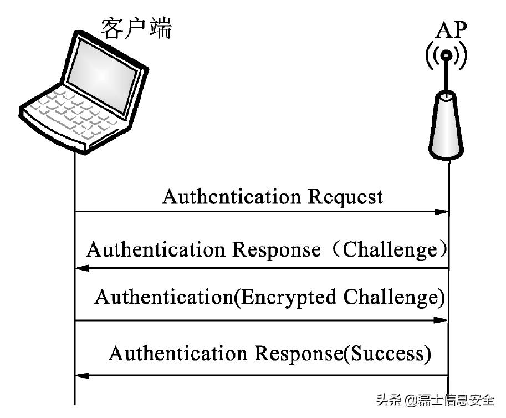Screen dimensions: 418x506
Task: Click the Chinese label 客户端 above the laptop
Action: [136, 27]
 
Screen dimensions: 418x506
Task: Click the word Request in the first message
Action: [345, 197]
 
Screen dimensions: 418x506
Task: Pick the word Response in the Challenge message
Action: [275, 249]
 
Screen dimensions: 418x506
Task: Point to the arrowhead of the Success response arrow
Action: [83, 376]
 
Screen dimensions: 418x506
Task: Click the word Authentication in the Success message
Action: [178, 353]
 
